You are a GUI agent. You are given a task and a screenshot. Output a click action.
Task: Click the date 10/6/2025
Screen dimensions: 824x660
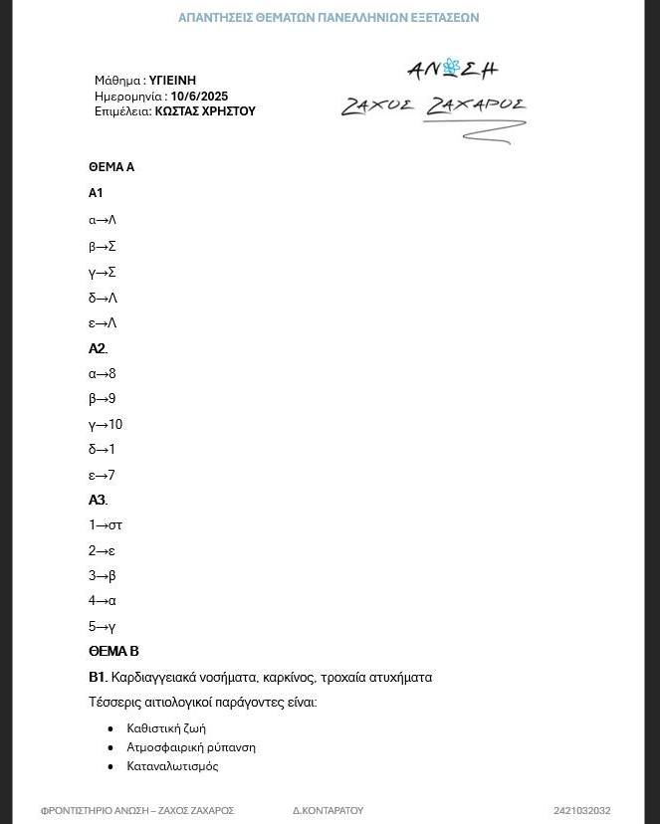coord(199,97)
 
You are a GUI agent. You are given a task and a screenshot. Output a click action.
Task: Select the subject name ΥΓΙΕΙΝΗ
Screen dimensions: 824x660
coord(172,81)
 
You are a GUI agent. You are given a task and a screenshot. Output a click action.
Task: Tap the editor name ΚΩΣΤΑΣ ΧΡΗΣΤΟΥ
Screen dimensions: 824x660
coord(204,111)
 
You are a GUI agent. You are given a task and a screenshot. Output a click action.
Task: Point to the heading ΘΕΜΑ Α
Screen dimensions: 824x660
coord(111,167)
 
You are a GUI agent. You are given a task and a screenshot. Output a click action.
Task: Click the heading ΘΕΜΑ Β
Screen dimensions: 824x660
coord(113,652)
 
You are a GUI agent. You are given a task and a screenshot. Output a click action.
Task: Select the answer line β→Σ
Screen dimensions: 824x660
coord(103,247)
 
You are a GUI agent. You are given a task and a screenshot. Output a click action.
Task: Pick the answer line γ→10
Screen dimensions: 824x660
coord(106,425)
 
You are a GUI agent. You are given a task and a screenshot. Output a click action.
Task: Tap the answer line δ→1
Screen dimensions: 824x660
coord(102,450)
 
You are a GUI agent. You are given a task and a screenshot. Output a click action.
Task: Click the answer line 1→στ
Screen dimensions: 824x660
coord(106,525)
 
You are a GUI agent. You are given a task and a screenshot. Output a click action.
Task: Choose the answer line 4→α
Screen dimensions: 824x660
coord(103,601)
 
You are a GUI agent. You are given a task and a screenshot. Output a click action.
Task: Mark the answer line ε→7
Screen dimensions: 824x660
coord(102,476)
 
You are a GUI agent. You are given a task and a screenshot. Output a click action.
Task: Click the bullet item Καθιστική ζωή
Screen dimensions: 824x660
coord(166,728)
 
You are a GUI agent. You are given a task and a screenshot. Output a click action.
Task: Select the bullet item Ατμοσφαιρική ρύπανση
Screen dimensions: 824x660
coord(191,747)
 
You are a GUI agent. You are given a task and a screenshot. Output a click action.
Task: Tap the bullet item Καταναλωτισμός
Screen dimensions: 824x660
coord(172,766)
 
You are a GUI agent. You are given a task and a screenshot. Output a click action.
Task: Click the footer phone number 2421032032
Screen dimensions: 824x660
coord(582,811)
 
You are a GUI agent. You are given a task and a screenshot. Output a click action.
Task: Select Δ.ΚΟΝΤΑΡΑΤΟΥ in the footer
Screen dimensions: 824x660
coord(328,811)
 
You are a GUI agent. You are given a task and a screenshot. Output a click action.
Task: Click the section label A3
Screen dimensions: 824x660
coord(97,501)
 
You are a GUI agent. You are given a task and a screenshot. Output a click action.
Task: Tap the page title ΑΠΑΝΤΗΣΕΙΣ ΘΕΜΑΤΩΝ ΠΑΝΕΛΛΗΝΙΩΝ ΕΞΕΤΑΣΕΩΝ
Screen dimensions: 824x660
coord(329,18)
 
